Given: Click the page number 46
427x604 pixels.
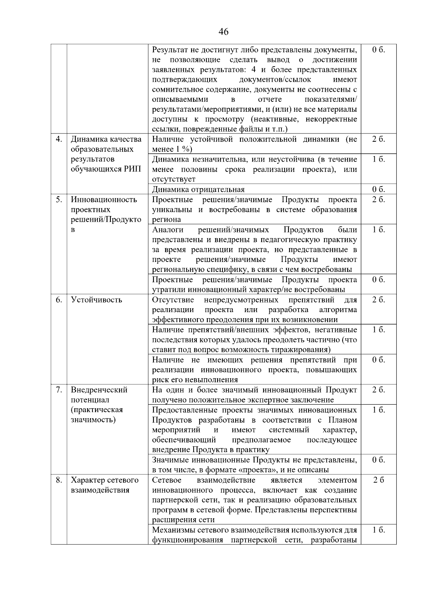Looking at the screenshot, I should [x=223, y=32].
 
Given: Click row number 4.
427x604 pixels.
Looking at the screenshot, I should [x=59, y=139].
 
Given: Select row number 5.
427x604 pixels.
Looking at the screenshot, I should [x=59, y=200].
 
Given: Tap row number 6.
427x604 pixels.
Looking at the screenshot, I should [x=59, y=300].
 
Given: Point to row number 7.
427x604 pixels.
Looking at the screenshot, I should [x=59, y=390].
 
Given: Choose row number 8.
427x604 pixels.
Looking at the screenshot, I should [x=59, y=480].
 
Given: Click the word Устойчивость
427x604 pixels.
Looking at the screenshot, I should [x=96, y=300].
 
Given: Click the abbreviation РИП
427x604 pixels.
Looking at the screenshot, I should [x=133, y=169].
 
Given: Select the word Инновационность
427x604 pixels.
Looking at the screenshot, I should [x=104, y=200].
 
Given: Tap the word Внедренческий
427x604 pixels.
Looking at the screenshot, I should [x=99, y=390].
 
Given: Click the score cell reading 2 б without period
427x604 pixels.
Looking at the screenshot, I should [x=379, y=480].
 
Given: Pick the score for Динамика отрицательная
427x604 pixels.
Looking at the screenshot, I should [x=379, y=189].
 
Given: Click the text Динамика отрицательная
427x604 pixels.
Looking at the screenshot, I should [x=198, y=189].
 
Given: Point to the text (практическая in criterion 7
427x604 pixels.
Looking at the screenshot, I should [x=97, y=410].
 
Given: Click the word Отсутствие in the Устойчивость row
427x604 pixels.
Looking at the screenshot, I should [x=173, y=300].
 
